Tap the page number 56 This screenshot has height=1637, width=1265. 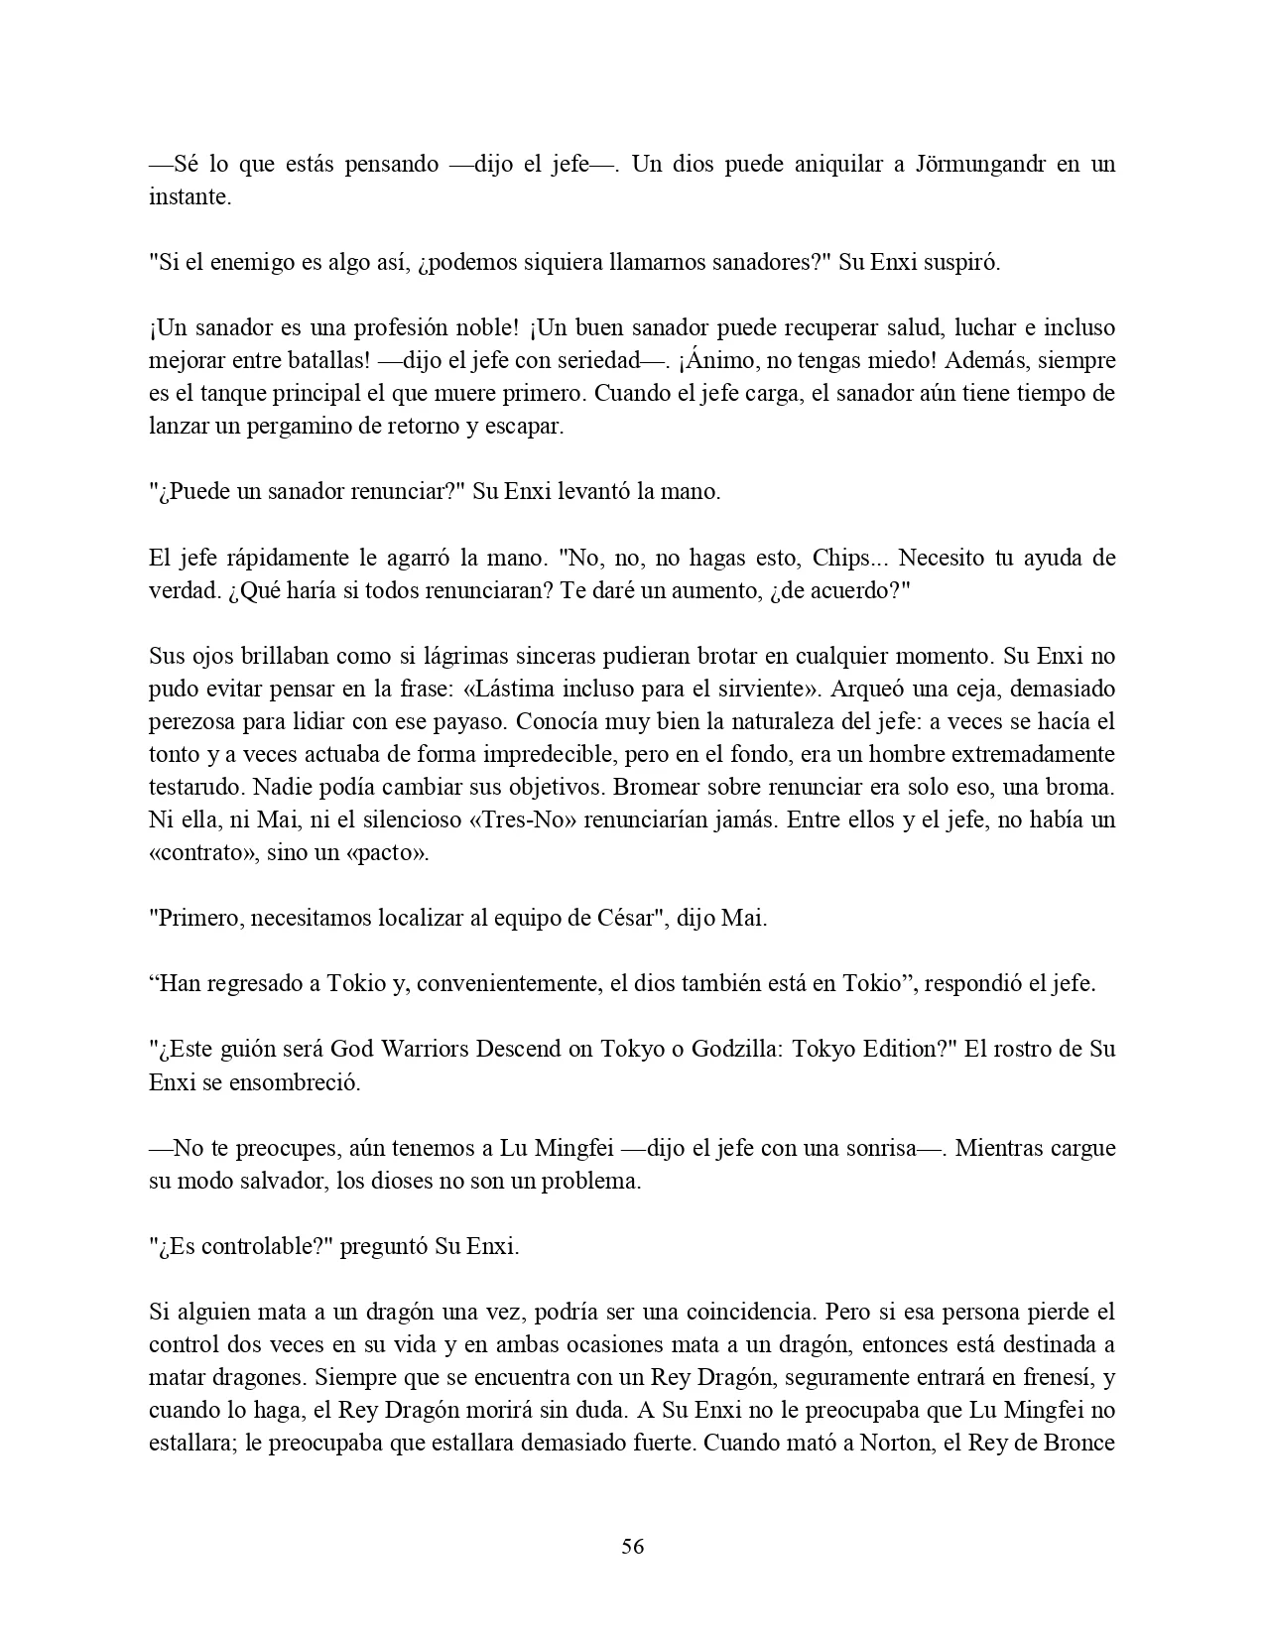pyautogui.click(x=632, y=1546)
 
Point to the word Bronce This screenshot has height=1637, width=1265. pyautogui.click(x=1079, y=1443)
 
